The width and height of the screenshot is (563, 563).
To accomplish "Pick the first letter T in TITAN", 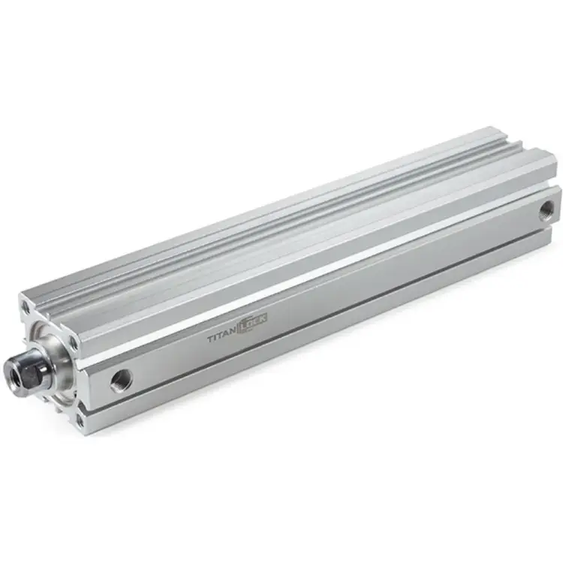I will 209,342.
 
